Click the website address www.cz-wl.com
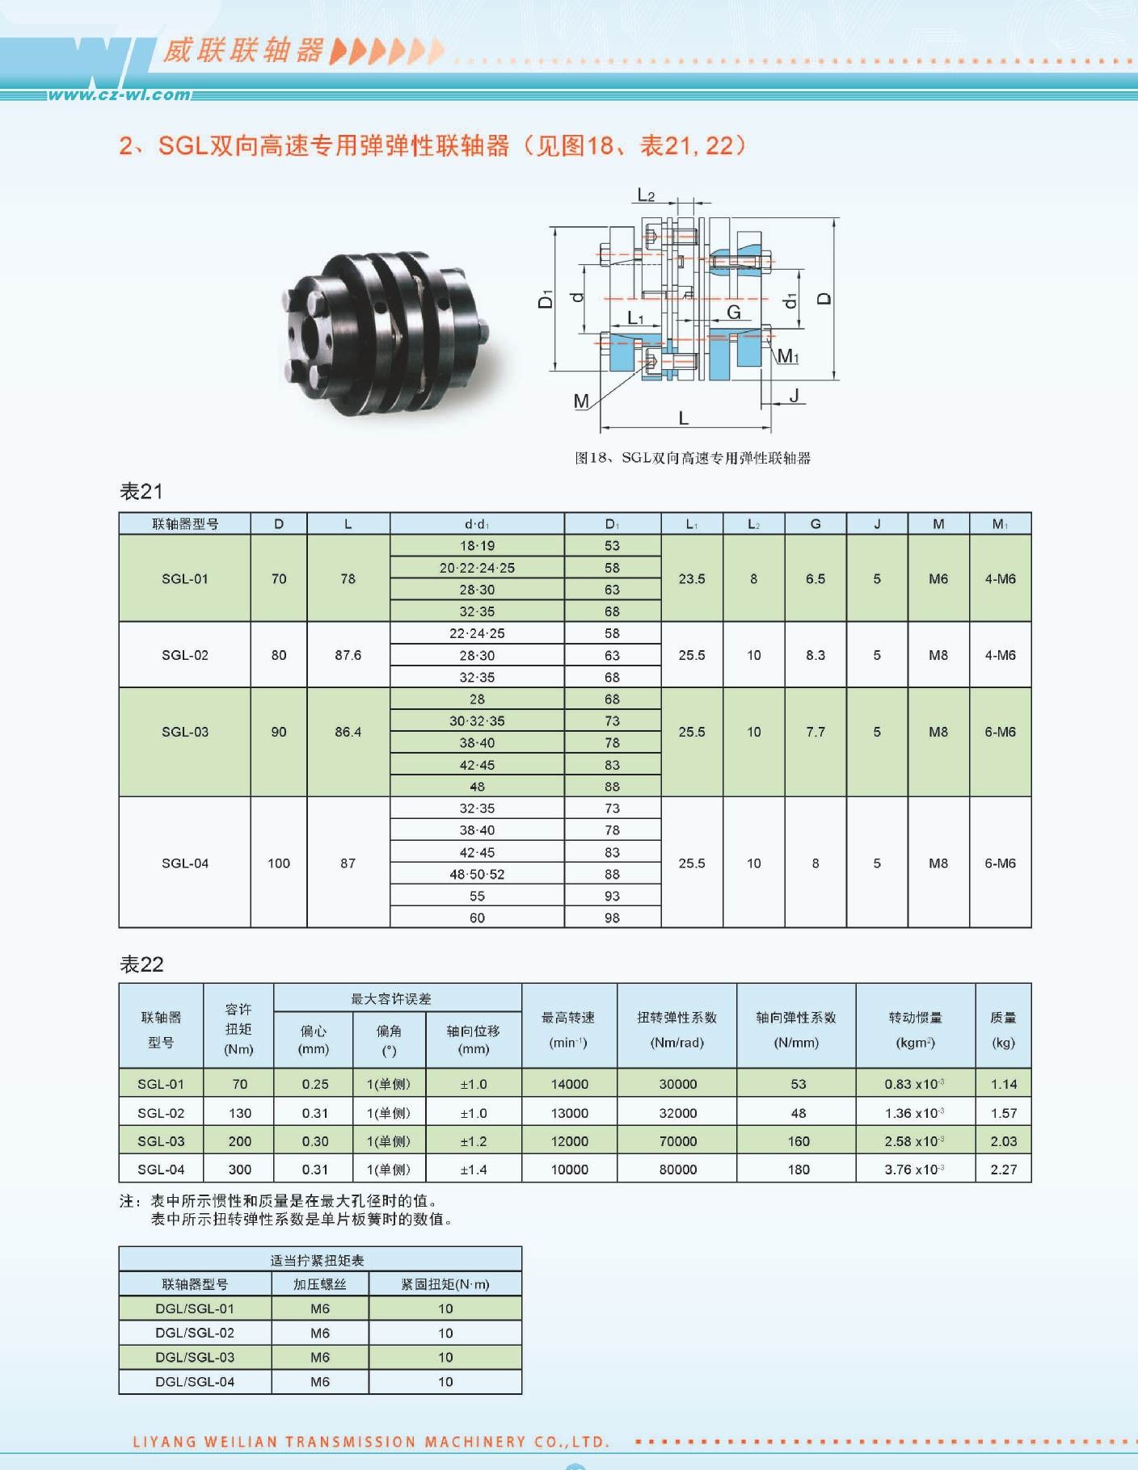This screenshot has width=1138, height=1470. click(x=120, y=94)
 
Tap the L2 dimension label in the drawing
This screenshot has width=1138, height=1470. click(x=646, y=195)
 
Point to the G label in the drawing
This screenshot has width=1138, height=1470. click(x=734, y=313)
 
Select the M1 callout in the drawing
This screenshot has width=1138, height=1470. click(x=788, y=356)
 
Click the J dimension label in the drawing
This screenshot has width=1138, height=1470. click(x=794, y=395)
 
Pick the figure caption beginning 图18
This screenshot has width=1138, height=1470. click(x=693, y=458)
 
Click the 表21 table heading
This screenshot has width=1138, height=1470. click(x=141, y=491)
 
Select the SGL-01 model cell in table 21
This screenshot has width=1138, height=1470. click(x=185, y=578)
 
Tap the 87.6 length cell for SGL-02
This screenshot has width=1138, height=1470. click(x=348, y=655)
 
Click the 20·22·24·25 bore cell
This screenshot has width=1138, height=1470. click(x=477, y=568)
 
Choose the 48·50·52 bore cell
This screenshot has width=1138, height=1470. click(x=477, y=874)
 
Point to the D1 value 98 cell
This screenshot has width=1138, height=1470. click(x=612, y=918)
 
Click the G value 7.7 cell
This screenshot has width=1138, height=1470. click(x=816, y=732)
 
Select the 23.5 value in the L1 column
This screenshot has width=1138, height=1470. click(x=692, y=578)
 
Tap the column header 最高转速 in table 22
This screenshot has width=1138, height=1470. click(x=568, y=1018)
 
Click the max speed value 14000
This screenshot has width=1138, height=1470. click(x=570, y=1084)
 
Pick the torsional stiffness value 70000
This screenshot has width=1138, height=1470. click(x=677, y=1141)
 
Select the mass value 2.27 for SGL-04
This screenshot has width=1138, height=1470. click(x=1004, y=1170)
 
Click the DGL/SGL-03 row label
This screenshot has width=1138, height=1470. click(x=195, y=1357)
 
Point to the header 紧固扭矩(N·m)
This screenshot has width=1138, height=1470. click(x=445, y=1284)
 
